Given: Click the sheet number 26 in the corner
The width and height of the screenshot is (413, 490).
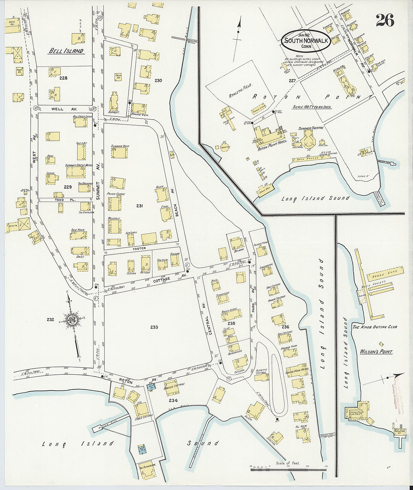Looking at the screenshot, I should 385,20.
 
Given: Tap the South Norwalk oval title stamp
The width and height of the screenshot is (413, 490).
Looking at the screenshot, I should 307,41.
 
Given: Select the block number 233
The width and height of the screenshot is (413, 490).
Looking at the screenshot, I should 154,327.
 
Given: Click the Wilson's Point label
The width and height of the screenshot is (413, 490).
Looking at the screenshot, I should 376,352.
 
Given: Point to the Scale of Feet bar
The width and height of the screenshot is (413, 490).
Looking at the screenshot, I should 288,468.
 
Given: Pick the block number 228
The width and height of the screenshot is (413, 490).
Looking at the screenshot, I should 63,78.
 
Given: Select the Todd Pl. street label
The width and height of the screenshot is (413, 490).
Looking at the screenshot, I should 70,200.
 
